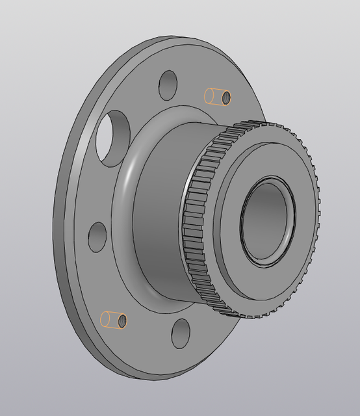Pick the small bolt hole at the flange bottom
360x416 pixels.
180,333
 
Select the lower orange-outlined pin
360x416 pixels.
113,320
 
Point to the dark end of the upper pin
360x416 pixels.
226,97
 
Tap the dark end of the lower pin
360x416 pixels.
122,320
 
